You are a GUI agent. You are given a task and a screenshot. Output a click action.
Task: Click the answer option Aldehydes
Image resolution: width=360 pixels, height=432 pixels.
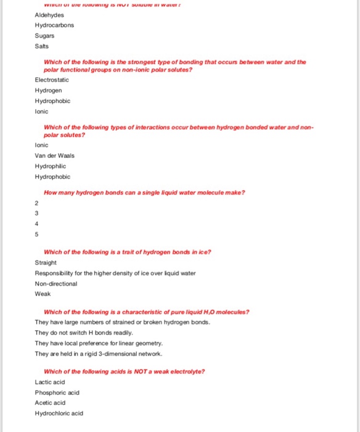point(49,14)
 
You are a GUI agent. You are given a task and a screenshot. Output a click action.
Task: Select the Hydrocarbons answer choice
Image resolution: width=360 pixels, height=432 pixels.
point(54,25)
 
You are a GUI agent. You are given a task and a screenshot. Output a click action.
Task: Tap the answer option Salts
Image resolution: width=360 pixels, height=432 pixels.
point(43,46)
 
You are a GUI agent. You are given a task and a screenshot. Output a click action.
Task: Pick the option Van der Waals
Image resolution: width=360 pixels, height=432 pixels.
point(54,156)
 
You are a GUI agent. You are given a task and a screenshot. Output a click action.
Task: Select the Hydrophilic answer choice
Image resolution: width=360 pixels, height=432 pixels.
point(50,166)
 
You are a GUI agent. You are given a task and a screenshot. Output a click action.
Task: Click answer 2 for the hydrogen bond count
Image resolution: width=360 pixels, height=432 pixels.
point(37,203)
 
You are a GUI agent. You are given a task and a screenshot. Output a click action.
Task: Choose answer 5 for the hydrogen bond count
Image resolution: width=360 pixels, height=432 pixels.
point(37,235)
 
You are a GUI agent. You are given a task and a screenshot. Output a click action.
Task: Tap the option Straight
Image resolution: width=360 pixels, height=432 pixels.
point(46,262)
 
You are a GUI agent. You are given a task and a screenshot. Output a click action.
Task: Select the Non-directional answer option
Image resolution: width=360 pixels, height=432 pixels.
point(56,283)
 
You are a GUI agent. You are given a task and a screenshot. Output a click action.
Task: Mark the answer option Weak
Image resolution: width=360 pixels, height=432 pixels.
point(43,294)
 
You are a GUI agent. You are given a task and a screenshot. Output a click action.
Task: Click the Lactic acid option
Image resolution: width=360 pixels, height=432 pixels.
point(50,382)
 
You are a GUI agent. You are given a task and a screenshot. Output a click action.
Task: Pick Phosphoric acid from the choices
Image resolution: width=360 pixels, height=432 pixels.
point(56,393)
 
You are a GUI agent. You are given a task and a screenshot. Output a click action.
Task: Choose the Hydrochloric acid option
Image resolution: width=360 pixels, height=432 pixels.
point(59,413)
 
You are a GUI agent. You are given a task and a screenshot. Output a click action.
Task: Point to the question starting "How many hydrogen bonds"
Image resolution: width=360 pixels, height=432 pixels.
point(144,192)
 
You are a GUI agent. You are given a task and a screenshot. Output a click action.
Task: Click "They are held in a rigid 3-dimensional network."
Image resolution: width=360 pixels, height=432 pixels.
point(99,354)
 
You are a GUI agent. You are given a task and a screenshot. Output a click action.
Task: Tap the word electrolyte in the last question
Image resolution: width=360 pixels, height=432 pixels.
point(189,372)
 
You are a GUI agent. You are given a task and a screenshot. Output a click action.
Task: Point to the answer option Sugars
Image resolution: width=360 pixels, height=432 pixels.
point(44,35)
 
